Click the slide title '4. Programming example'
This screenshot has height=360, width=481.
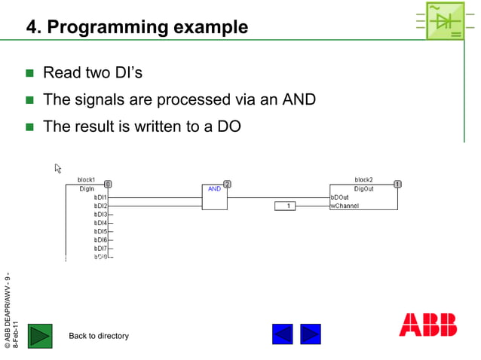click(x=136, y=28)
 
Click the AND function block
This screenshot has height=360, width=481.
click(x=215, y=197)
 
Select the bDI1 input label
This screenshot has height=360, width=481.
click(x=100, y=197)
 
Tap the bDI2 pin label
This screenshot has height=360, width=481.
click(x=100, y=206)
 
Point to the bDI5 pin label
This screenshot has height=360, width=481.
click(x=100, y=231)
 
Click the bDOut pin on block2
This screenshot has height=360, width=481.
click(x=340, y=197)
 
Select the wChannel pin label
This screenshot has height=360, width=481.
click(x=345, y=206)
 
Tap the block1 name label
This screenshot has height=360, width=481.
click(x=86, y=180)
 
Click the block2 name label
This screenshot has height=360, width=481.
click(x=363, y=180)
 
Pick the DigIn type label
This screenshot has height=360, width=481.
click(x=87, y=189)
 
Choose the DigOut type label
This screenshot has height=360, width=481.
click(x=363, y=189)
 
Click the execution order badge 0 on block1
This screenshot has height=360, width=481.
click(x=108, y=184)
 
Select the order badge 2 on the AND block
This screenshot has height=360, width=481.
click(x=226, y=184)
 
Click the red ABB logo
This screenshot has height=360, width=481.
click(x=427, y=324)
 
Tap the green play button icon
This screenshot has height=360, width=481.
click(x=40, y=335)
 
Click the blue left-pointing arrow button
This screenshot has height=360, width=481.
click(x=283, y=334)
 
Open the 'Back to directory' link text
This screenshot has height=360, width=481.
click(x=99, y=336)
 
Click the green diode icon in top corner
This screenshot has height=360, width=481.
click(x=445, y=20)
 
